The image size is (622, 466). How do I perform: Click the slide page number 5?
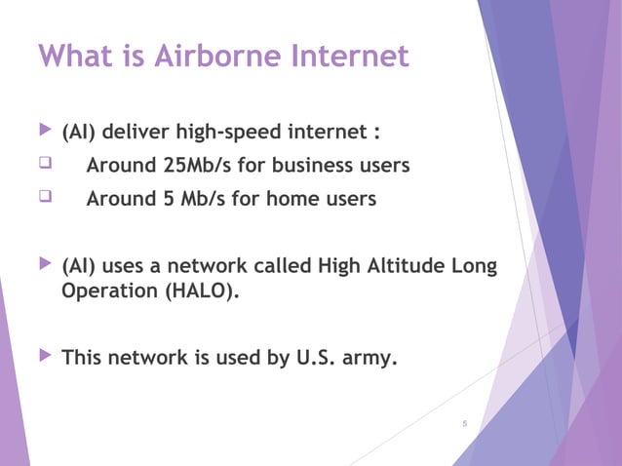464,423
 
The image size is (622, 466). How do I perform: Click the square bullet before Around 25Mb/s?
43,165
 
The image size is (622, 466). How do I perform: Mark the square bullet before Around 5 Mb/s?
43,199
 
